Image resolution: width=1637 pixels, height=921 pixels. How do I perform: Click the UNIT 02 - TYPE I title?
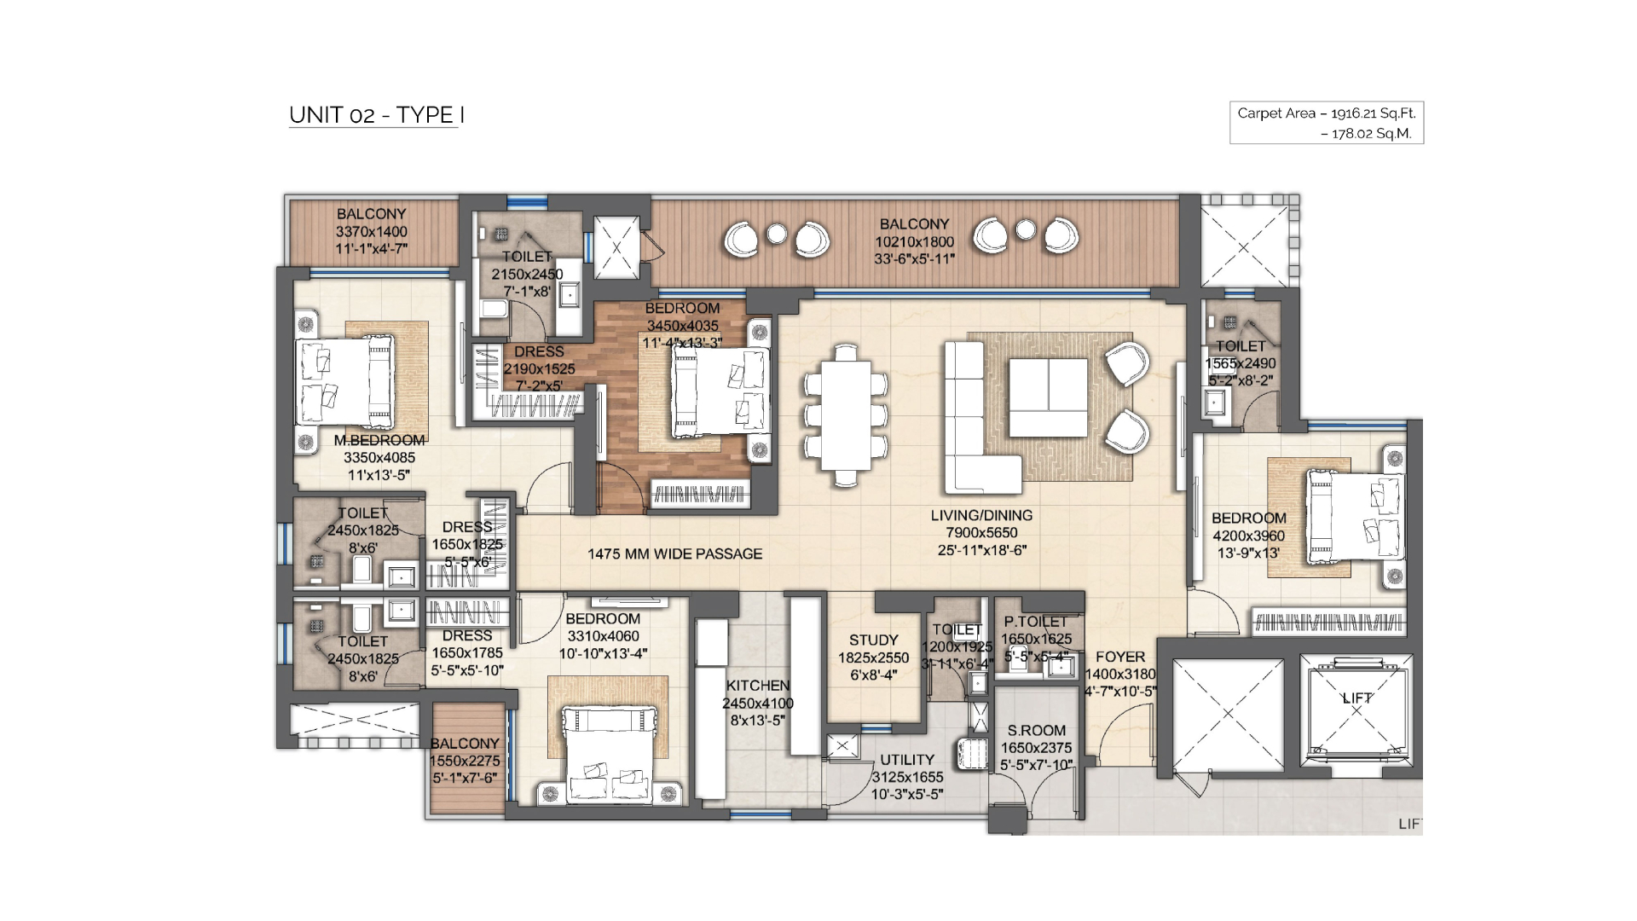(x=376, y=115)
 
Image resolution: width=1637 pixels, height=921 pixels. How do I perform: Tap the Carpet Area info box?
(x=1327, y=123)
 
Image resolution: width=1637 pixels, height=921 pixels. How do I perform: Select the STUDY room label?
(x=874, y=640)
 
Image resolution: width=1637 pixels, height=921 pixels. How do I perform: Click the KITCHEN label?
(x=758, y=686)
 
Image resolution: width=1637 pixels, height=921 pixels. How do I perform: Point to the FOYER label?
(x=1120, y=657)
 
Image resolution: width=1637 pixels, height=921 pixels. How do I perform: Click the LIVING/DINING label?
(x=981, y=515)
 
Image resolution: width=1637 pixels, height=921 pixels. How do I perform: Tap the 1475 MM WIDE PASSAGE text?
(x=675, y=554)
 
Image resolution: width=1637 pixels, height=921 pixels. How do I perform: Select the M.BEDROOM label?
(x=379, y=440)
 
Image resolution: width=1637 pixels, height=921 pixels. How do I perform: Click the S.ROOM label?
(x=1036, y=731)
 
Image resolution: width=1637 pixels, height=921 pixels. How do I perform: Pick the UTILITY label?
(x=907, y=760)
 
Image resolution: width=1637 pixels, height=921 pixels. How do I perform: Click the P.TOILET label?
(x=1036, y=622)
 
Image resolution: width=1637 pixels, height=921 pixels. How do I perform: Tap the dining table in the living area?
(x=846, y=415)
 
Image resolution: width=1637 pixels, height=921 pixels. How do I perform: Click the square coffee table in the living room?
(x=1048, y=397)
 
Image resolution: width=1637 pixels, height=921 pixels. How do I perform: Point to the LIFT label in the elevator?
(x=1357, y=698)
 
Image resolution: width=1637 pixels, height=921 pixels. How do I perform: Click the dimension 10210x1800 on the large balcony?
(x=915, y=242)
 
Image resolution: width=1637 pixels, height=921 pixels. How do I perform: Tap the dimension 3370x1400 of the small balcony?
(x=371, y=231)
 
